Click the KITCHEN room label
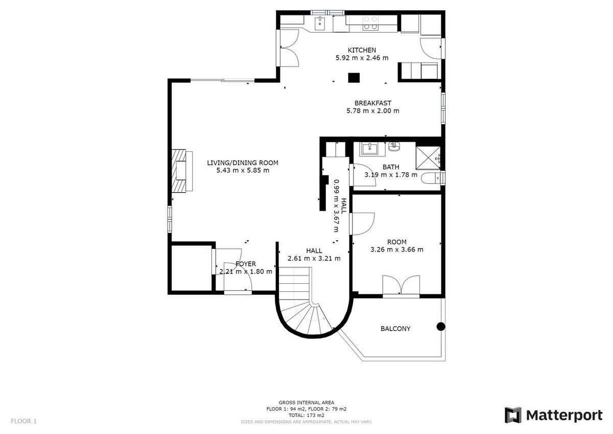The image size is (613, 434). tap(362, 50)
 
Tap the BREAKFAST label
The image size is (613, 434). tap(373, 103)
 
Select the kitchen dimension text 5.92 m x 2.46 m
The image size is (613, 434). tap(362, 58)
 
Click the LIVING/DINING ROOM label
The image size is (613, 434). tap(243, 163)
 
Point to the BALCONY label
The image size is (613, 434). tap(395, 329)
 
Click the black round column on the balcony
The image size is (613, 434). tap(440, 326)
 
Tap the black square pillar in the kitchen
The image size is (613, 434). tap(353, 78)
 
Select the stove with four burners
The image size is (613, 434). tap(370, 22)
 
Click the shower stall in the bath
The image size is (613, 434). tap(428, 158)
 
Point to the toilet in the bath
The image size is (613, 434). tap(431, 178)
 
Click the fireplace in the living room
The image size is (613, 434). tap(182, 171)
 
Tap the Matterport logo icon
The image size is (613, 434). tap(513, 416)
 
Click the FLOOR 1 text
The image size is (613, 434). tap(23, 421)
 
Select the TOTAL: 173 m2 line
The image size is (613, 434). tap(306, 416)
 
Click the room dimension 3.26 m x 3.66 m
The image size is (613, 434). tap(397, 250)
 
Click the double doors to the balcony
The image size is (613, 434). tap(401, 286)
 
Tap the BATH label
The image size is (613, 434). tap(391, 167)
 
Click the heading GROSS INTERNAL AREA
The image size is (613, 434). tap(306, 402)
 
